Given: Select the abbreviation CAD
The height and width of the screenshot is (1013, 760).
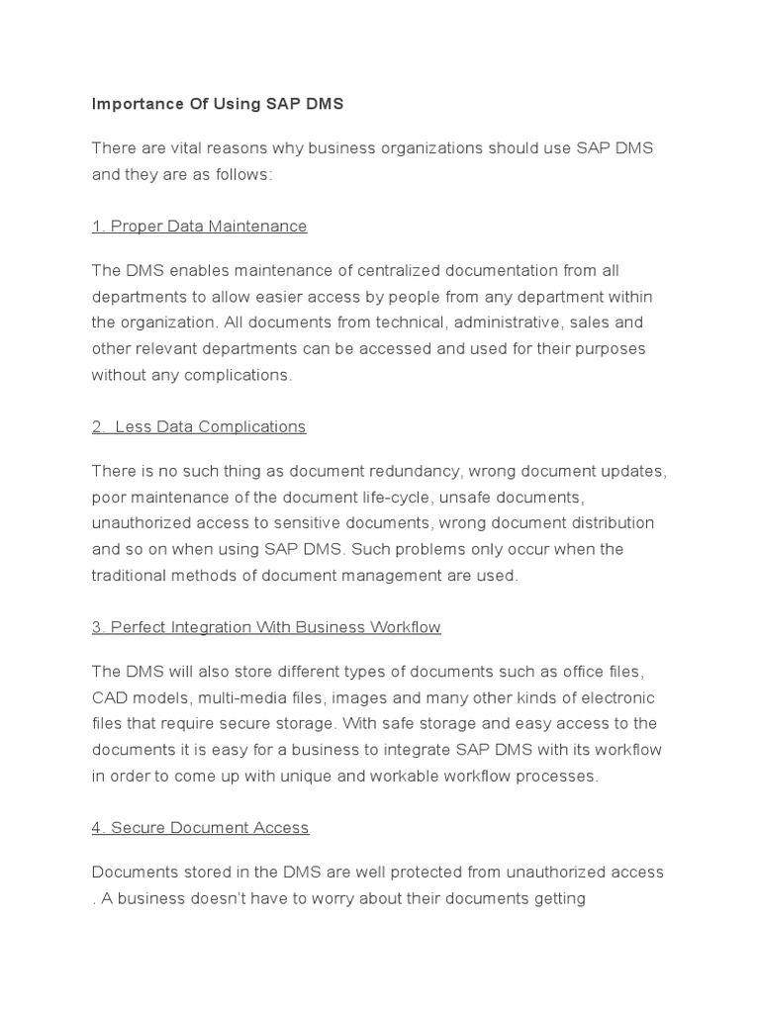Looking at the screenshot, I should coord(110,698).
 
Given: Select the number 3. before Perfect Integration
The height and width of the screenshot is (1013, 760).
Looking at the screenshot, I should coord(98,627).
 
